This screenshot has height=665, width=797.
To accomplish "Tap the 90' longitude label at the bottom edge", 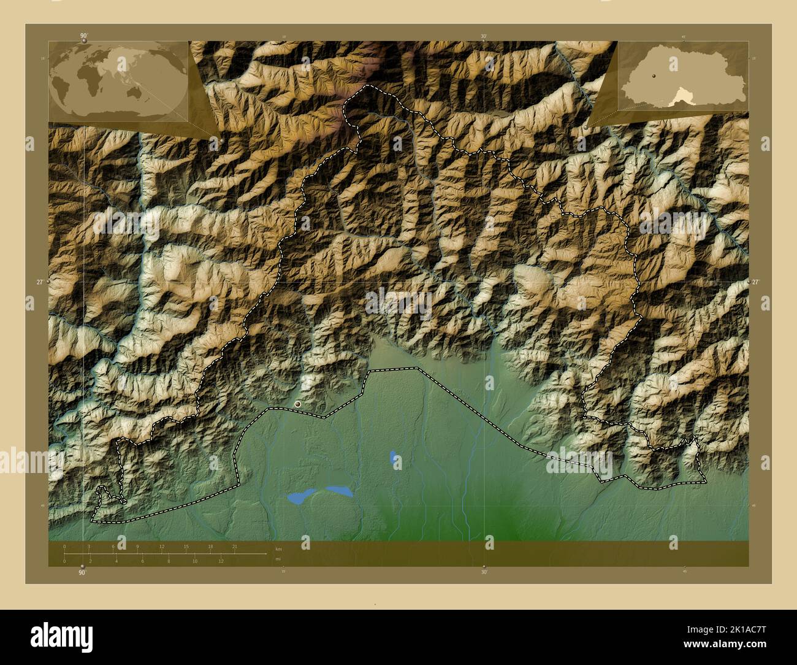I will tap(82, 572).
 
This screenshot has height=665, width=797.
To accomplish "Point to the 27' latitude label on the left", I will tap(40, 282).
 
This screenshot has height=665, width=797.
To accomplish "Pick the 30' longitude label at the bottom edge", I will tap(484, 572).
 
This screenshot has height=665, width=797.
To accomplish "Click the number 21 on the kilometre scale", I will tap(234, 546).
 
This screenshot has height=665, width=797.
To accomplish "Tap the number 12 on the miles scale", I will tap(221, 561).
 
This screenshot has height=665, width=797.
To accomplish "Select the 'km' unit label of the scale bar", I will tap(278, 548).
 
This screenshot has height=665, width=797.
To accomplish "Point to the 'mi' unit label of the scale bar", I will tap(278, 559).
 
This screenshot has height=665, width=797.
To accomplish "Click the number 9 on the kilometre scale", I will tap(137, 546).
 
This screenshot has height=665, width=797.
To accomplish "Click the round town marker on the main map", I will tap(299, 404).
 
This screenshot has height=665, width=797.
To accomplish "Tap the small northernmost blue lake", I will tap(393, 457).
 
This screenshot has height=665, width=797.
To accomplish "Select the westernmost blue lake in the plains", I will tap(298, 498).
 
